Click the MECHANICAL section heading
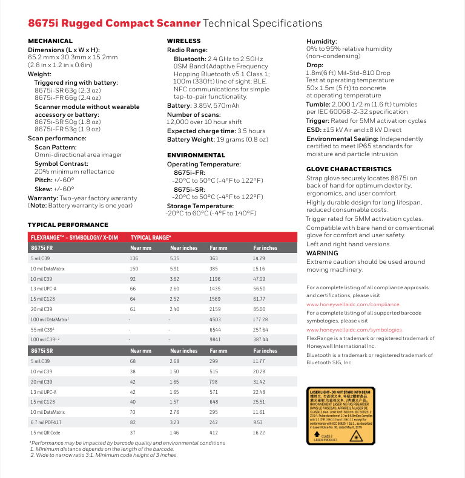[x=50, y=41]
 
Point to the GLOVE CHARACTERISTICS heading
[x=349, y=169]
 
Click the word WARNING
[x=322, y=253]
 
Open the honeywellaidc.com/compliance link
[x=353, y=304]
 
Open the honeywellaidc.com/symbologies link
[x=354, y=330]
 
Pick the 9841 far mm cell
[x=215, y=339]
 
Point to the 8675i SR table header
[x=42, y=350]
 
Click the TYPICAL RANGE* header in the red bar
[x=151, y=238]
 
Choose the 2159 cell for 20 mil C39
[x=216, y=309]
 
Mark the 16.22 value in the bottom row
[x=259, y=433]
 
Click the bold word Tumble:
[x=318, y=103]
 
